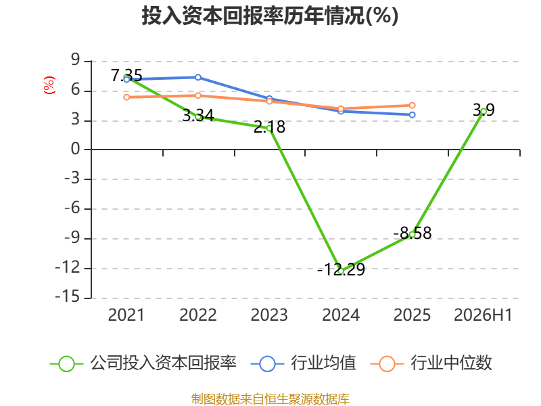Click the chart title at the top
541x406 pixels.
pyautogui.click(x=270, y=16)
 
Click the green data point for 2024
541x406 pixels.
pyautogui.click(x=341, y=271)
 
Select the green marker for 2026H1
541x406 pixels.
pyautogui.click(x=484, y=111)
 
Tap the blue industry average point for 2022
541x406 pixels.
pyautogui.click(x=198, y=77)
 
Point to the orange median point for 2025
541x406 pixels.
pyautogui.click(x=413, y=106)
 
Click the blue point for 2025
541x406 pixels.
pyautogui.click(x=413, y=114)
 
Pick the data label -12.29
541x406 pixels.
pyautogui.click(x=341, y=269)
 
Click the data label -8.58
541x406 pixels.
pyautogui.click(x=413, y=233)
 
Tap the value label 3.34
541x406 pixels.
pyautogui.click(x=198, y=115)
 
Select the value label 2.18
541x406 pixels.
pyautogui.click(x=269, y=127)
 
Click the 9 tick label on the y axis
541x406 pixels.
pyautogui.click(x=76, y=60)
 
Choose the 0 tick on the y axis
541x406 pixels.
pyautogui.click(x=76, y=149)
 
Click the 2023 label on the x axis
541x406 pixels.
pyautogui.click(x=269, y=315)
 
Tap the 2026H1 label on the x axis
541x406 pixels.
pyautogui.click(x=483, y=315)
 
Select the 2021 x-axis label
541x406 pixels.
pyautogui.click(x=126, y=315)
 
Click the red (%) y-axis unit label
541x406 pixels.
pyautogui.click(x=49, y=85)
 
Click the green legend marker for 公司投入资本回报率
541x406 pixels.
pyautogui.click(x=66, y=364)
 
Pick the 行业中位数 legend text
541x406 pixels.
pyautogui.click(x=451, y=363)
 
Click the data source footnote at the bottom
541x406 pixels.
pyautogui.click(x=270, y=399)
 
